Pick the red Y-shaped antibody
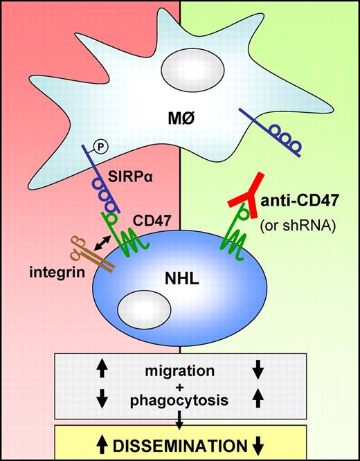245,196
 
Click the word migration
180,372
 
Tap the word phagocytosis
180,401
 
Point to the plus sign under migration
180,387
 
